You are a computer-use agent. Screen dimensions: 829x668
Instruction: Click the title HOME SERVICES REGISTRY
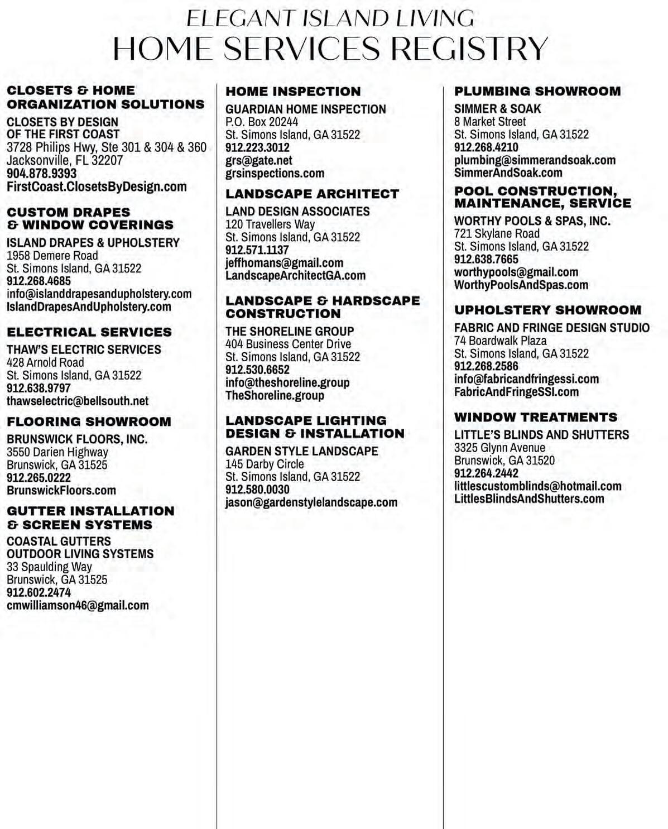[x=330, y=49]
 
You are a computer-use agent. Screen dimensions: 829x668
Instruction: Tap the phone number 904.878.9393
[x=41, y=174]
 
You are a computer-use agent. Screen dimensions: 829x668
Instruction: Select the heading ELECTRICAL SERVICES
[x=89, y=332]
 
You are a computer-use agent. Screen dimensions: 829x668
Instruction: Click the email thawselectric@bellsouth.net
[x=78, y=401]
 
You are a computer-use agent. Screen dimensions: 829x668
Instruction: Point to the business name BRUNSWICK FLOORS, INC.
[x=77, y=439]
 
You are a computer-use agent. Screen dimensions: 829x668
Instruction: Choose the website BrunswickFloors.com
[x=61, y=491]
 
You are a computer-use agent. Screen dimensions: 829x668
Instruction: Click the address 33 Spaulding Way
[x=49, y=567]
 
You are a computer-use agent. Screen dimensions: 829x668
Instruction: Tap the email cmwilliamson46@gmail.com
[x=78, y=606]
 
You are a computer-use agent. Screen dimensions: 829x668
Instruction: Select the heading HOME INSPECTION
[x=293, y=92]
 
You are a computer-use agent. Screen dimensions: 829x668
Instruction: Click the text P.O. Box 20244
[x=262, y=122]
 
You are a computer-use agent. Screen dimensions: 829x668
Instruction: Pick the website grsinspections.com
[x=275, y=174]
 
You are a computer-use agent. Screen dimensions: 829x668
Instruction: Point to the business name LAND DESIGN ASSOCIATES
[x=297, y=212]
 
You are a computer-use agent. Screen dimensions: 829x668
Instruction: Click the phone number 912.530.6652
[x=257, y=370]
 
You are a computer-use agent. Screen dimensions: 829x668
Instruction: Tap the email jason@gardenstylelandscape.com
[x=311, y=502]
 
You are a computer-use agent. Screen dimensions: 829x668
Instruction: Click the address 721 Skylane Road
[x=497, y=234]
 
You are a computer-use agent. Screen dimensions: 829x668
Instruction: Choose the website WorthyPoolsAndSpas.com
[x=521, y=285]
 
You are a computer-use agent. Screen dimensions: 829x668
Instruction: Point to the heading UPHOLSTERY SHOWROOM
[x=547, y=310]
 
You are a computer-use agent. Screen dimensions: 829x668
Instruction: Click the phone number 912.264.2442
[x=486, y=473]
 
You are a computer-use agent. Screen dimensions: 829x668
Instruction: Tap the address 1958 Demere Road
[x=52, y=256]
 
